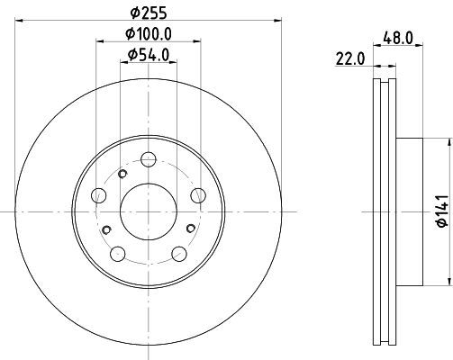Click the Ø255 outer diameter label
coord(149,13)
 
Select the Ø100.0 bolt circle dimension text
coord(149,33)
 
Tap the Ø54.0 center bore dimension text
coord(149,55)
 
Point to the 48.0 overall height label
coord(398,38)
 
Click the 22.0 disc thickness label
coord(350,58)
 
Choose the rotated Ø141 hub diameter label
coord(443,211)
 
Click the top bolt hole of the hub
coord(149,159)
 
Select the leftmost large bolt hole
coord(98,195)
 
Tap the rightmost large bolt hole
coord(198,195)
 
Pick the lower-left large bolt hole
coord(118,254)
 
